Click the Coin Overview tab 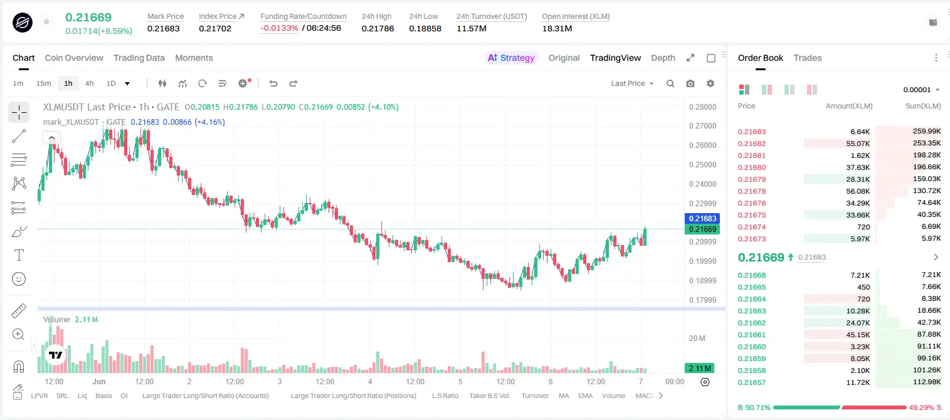coord(74,58)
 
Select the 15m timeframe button coord(43,83)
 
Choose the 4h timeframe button coord(89,83)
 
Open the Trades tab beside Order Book coord(808,58)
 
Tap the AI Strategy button coord(511,58)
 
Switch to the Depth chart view coord(663,58)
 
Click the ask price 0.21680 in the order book coord(751,167)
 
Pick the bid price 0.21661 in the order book coord(751,335)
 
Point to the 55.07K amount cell coord(858,144)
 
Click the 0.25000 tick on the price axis coord(703,164)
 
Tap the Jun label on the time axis coord(99,381)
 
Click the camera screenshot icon coord(690,83)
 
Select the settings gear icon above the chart coord(710,83)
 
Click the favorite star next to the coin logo coord(46,21)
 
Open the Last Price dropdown coord(632,83)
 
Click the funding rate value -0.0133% coord(279,28)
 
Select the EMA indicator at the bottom coord(585,396)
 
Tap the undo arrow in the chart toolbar coord(273,83)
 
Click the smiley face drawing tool coord(19,279)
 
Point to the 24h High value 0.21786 coord(377,28)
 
